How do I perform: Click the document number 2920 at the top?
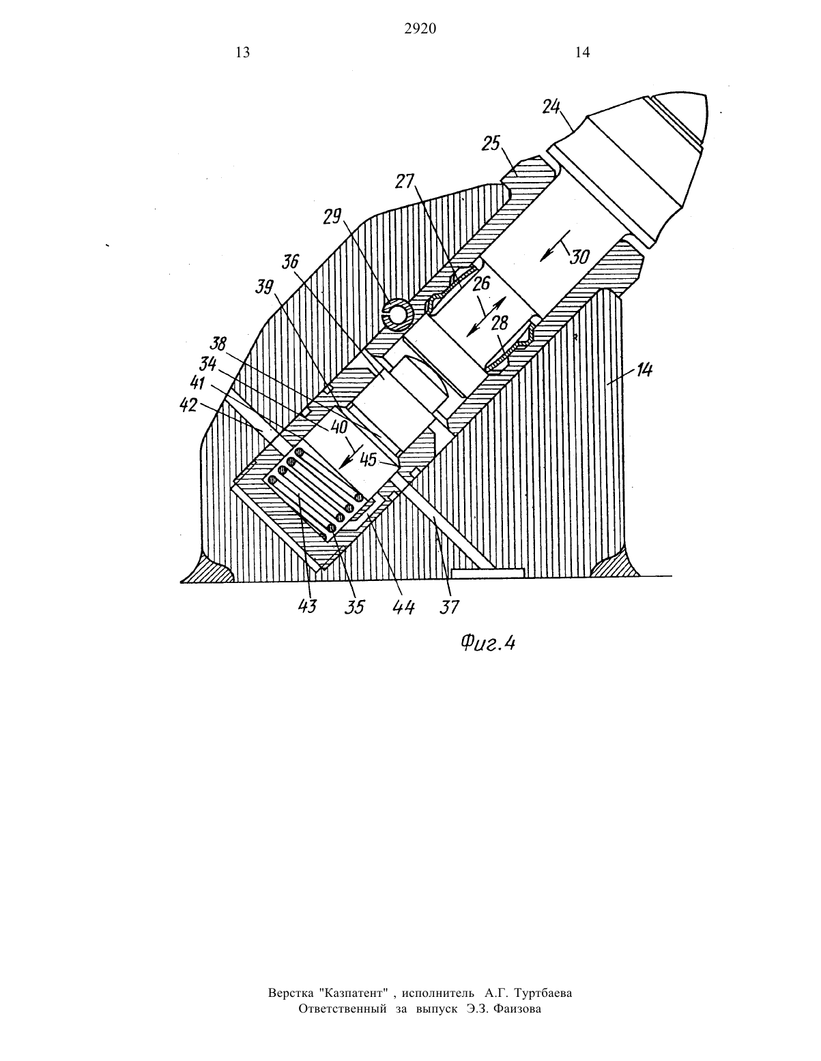[x=420, y=29]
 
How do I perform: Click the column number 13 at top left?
[x=242, y=53]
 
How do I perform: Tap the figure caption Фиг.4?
[x=488, y=644]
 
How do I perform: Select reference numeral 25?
[x=491, y=144]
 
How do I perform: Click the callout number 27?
[x=405, y=181]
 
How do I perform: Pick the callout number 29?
[x=333, y=216]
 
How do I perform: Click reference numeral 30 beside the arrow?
[x=579, y=256]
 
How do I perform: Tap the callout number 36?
[x=291, y=263]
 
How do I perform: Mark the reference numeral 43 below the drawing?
[x=307, y=606]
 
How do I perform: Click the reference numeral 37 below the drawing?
[x=450, y=606]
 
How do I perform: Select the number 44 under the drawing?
[x=405, y=607]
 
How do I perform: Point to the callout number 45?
[x=369, y=460]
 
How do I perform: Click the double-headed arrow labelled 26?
[x=485, y=316]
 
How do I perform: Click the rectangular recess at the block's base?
[x=487, y=572]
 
